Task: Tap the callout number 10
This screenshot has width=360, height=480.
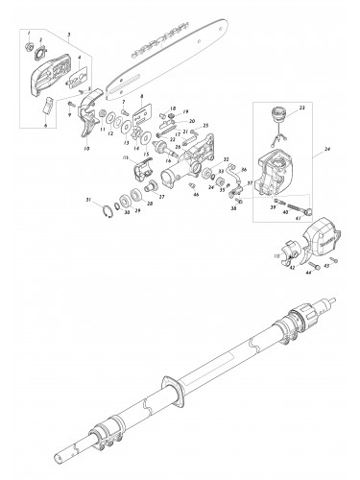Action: coord(87,149)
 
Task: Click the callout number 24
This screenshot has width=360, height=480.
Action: coord(328,150)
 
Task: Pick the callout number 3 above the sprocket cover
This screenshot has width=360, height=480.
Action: coord(68,33)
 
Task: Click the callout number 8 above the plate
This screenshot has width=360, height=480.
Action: coord(141,99)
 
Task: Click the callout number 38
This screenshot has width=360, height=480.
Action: coord(234,208)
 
